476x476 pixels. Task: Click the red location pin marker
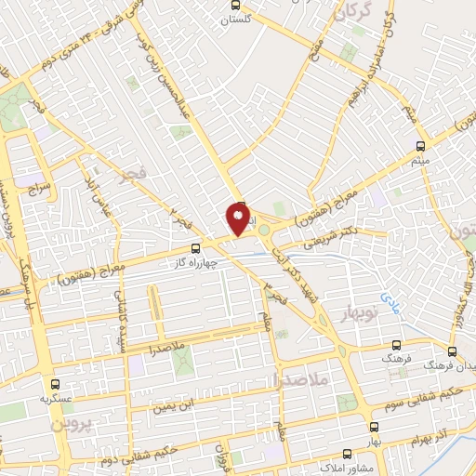238,219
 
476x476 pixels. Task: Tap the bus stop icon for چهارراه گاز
195,249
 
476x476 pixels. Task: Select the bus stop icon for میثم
420,146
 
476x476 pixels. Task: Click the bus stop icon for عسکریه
55,382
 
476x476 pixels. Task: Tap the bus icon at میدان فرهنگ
452,351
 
